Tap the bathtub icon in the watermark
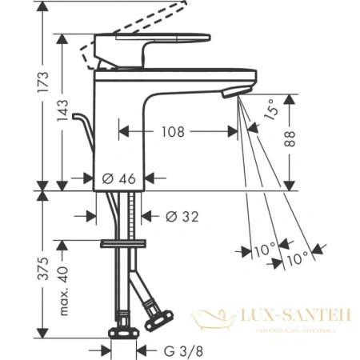[x=214, y=319]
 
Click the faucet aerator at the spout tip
[x=231, y=94]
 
